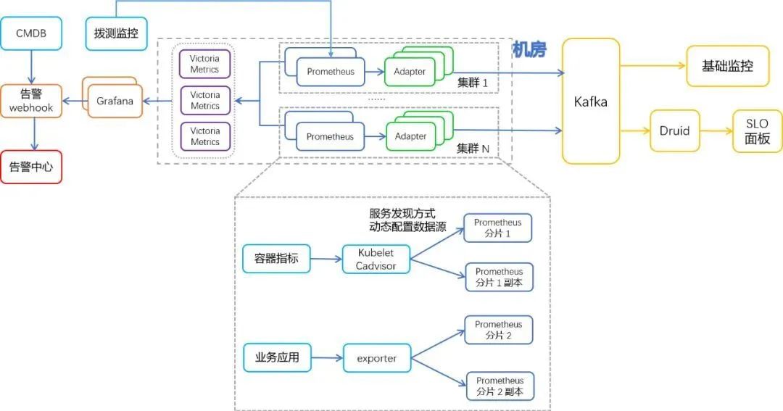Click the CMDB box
coord(31,33)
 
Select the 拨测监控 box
coord(116,33)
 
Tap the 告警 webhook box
coord(31,101)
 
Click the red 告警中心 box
coord(31,167)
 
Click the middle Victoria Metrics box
coord(205,100)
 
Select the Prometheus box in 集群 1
coord(331,72)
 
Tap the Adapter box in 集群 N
coord(411,136)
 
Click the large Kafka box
coord(591,101)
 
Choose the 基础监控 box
coord(727,66)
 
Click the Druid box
coord(675,131)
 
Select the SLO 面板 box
coord(758,131)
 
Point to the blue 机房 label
coord(529,50)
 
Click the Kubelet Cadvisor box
coord(376,259)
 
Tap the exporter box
coord(376,358)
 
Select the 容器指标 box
coord(275,258)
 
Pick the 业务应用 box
coord(276,357)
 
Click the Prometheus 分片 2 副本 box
coord(500,386)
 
